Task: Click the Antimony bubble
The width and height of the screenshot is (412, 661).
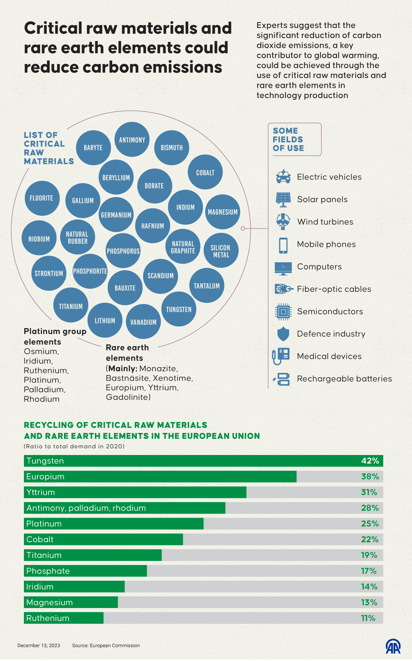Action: pyautogui.click(x=132, y=139)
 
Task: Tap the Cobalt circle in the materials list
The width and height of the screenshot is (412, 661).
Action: pyautogui.click(x=205, y=172)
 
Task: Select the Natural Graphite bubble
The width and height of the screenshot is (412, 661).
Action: pyautogui.click(x=183, y=247)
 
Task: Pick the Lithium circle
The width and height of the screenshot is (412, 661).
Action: pyautogui.click(x=105, y=320)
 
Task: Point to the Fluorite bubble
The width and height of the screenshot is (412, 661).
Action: pyautogui.click(x=42, y=198)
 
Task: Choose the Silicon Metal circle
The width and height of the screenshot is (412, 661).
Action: pyautogui.click(x=221, y=250)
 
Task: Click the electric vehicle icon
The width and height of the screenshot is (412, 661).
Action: pyautogui.click(x=283, y=176)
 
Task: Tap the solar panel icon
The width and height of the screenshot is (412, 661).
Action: pyautogui.click(x=283, y=199)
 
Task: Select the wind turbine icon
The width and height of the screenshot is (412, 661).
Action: pyautogui.click(x=283, y=221)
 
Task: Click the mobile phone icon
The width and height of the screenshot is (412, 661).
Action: pyautogui.click(x=283, y=245)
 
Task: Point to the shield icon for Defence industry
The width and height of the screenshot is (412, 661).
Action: pyautogui.click(x=283, y=334)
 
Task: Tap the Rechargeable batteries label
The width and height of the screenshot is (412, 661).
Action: pyautogui.click(x=344, y=379)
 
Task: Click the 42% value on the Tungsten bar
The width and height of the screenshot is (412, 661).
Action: pyautogui.click(x=370, y=461)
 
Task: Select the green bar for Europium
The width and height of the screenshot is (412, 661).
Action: pyautogui.click(x=160, y=477)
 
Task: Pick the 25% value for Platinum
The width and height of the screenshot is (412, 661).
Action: pyautogui.click(x=370, y=524)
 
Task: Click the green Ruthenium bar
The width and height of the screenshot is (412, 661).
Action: pyautogui.click(x=64, y=618)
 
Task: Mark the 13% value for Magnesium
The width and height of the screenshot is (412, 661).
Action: pyautogui.click(x=369, y=603)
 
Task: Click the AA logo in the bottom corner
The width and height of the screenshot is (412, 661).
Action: pyautogui.click(x=393, y=646)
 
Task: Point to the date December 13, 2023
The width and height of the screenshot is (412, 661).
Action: pyautogui.click(x=39, y=646)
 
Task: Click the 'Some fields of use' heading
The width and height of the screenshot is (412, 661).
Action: pyautogui.click(x=288, y=139)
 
